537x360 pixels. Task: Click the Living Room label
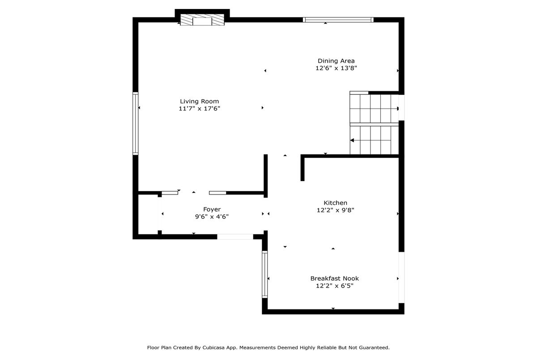pyautogui.click(x=199, y=102)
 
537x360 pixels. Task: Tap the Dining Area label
pyautogui.click(x=336, y=61)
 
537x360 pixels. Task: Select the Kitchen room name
pyautogui.click(x=335, y=203)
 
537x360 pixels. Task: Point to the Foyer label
pyautogui.click(x=212, y=209)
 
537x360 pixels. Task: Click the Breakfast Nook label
pyautogui.click(x=334, y=278)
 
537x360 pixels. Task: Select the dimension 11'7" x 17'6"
pyautogui.click(x=199, y=109)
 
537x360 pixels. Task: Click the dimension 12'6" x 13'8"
pyautogui.click(x=336, y=68)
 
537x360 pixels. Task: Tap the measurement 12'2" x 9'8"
pyautogui.click(x=335, y=210)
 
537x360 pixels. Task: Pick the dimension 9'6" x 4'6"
pyautogui.click(x=212, y=216)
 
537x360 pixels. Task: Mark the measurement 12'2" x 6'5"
pyautogui.click(x=334, y=285)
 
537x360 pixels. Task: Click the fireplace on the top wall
pyautogui.click(x=202, y=20)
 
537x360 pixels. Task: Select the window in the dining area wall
pyautogui.click(x=338, y=20)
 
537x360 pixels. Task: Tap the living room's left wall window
pyautogui.click(x=136, y=123)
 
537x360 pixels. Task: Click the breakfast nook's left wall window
pyautogui.click(x=264, y=274)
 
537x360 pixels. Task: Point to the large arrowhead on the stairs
pyautogui.click(x=352, y=140)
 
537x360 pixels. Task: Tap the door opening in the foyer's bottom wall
pyautogui.click(x=235, y=237)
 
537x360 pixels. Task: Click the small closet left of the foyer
pyautogui.click(x=148, y=214)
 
